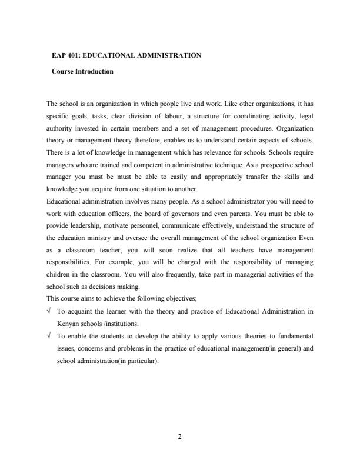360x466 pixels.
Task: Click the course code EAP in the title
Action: tap(59, 55)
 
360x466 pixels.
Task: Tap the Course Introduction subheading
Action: tap(82, 72)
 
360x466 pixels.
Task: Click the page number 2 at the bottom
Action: tap(180, 436)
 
